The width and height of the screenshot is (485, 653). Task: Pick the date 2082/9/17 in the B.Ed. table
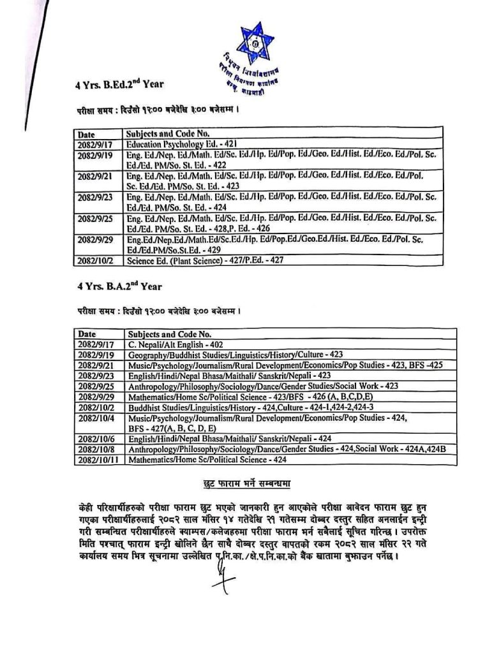[x=94, y=145]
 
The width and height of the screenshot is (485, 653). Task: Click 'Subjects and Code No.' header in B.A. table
[x=168, y=334]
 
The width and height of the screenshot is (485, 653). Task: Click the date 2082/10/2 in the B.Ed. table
[x=94, y=260]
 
